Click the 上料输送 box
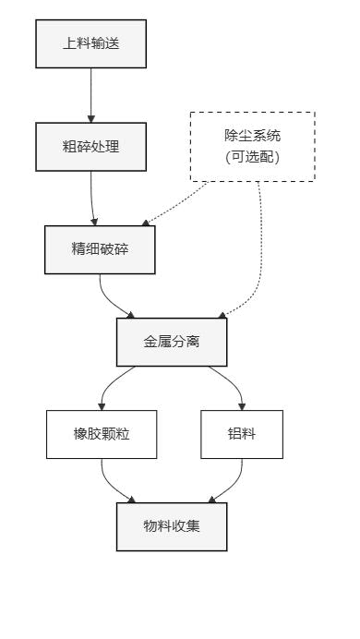90,43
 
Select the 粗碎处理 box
90,146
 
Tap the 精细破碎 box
100,249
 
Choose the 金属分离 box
172,342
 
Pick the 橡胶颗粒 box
102,435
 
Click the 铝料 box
242,435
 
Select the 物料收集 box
172,527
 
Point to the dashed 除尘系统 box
252,146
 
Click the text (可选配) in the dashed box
252,157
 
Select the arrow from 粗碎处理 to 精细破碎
92,196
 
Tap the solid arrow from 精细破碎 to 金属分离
111,301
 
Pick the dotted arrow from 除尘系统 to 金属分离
258,249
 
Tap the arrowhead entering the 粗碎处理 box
90,118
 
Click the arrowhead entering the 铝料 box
242,406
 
